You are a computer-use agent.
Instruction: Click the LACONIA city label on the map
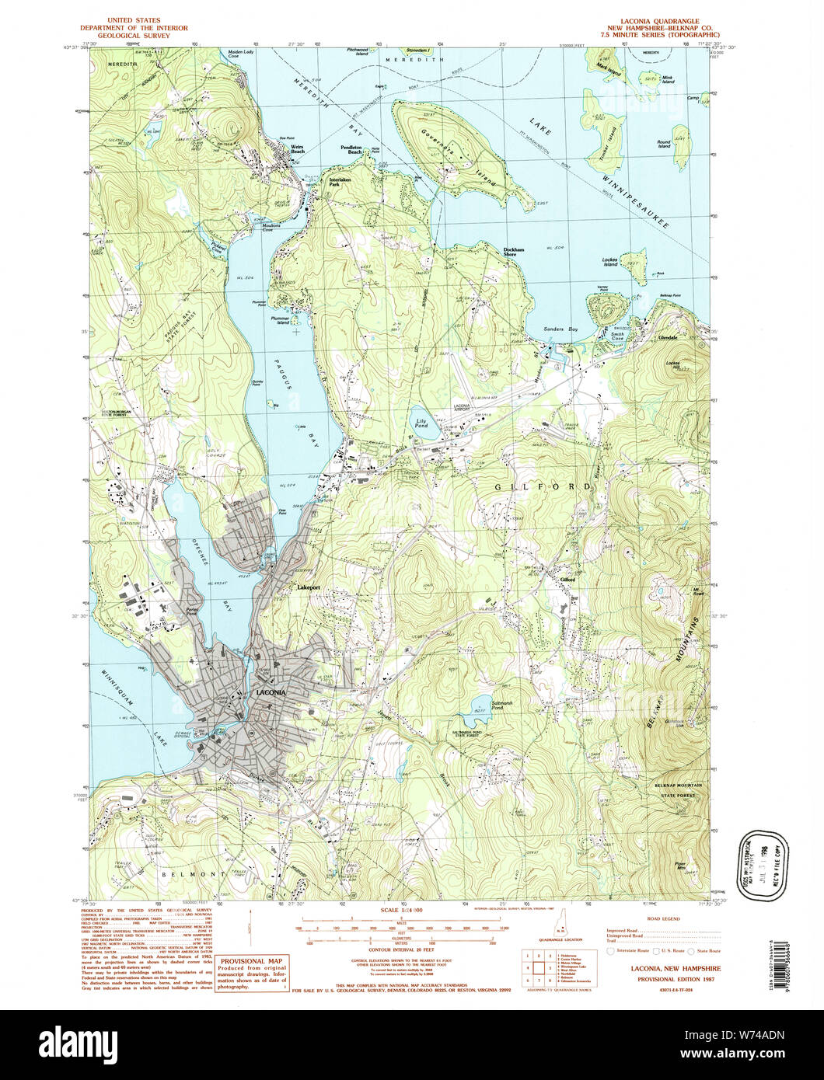271,692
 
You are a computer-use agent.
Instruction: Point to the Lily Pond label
420,424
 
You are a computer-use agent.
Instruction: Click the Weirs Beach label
294,149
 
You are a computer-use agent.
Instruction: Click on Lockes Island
633,267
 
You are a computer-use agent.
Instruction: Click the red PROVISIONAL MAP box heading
252,961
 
